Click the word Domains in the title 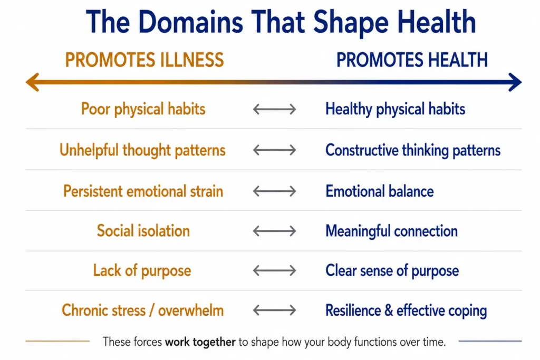(x=190, y=22)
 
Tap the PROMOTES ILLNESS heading (x=144, y=60)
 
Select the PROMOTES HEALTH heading (x=412, y=60)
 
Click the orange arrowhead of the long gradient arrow (x=32, y=82)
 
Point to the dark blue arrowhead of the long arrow (x=515, y=82)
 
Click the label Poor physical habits (x=143, y=109)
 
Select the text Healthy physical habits (x=396, y=109)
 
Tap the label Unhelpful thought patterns (x=142, y=150)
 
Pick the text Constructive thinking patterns (x=413, y=150)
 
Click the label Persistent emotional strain (x=143, y=191)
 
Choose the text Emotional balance (x=380, y=191)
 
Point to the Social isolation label (x=143, y=230)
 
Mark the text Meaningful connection (x=392, y=231)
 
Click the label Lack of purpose (x=142, y=271)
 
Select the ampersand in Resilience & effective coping (x=389, y=310)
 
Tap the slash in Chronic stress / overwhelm (x=151, y=310)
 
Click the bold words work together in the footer (x=200, y=342)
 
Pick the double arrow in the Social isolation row (x=274, y=231)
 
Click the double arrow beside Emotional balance (x=274, y=191)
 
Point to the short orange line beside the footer (x=57, y=341)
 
